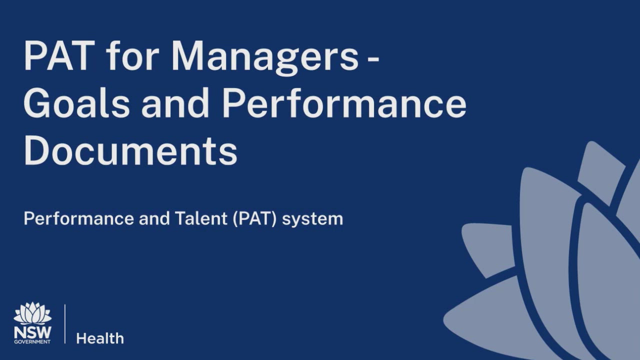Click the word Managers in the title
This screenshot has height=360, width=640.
[264, 56]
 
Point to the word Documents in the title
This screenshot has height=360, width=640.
[130, 150]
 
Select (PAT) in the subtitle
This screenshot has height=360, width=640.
[254, 219]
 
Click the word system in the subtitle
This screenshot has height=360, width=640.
[312, 219]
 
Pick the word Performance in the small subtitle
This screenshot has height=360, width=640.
[78, 218]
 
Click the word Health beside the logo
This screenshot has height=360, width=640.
[100, 338]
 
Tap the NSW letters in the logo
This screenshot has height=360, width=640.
[32, 332]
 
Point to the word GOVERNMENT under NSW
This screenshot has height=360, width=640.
[32, 341]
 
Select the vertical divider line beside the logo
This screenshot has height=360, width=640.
[65, 323]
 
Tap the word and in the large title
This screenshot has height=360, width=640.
[175, 102]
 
